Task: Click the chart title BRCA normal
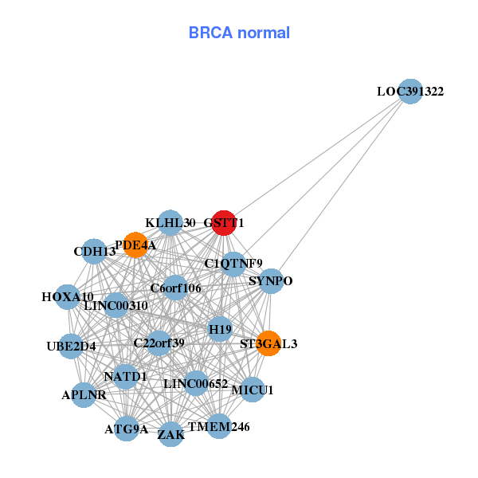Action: point(239,33)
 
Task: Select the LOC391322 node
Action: point(409,92)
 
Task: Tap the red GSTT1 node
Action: point(224,223)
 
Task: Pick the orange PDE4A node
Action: point(135,245)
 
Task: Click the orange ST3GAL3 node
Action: point(268,343)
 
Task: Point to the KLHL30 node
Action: point(170,222)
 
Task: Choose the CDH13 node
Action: point(95,252)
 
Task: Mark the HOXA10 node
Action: point(68,297)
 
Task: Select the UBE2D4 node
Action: point(71,346)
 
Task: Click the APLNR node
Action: point(84,394)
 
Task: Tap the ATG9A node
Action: point(126,429)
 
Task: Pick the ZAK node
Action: point(171,434)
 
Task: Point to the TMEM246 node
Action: point(218,426)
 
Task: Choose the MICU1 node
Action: point(252,390)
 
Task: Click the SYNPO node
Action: point(271,281)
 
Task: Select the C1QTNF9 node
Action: point(233,263)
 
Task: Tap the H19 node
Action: point(220,329)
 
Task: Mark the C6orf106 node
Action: point(176,288)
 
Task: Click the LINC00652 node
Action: point(196,383)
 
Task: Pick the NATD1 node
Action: point(126,375)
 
